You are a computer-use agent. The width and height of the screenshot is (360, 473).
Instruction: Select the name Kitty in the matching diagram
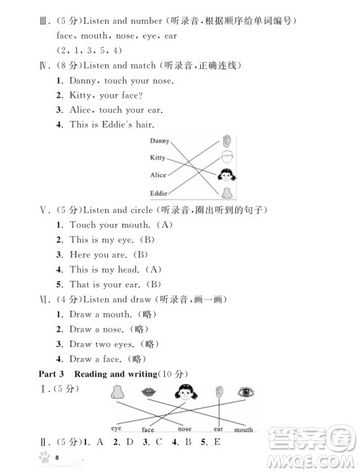click(158, 157)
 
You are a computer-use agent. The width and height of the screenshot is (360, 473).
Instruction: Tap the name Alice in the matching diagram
click(158, 175)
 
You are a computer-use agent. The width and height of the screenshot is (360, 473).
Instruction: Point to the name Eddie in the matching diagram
click(158, 193)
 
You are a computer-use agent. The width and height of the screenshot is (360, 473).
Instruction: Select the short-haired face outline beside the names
click(227, 158)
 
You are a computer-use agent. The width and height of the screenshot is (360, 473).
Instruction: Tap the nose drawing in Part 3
click(117, 392)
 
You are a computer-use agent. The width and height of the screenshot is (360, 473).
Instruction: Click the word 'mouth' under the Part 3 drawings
click(243, 430)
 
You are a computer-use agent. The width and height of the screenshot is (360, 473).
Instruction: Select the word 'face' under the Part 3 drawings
click(148, 430)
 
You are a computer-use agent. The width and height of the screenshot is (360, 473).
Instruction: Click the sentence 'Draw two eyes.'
click(99, 343)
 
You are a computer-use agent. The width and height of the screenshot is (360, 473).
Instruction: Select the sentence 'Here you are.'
click(99, 254)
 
